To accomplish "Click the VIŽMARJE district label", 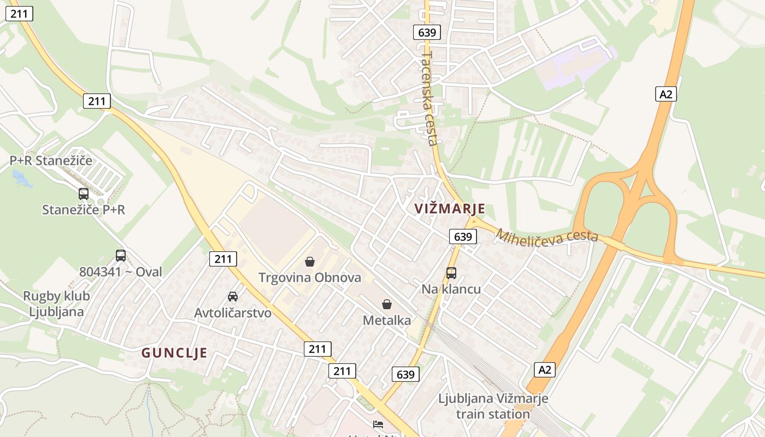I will point(450,209).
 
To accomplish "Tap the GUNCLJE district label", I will point(174,353).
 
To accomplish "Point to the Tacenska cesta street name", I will point(431,98).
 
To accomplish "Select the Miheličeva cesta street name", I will point(547,236).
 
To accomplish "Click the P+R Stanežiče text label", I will point(51,161).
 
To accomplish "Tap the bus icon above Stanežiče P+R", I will point(84,193).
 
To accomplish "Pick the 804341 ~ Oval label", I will point(121,271).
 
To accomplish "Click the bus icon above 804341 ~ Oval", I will point(121,255).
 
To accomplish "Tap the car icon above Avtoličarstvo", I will point(233,297).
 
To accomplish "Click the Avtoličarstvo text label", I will point(233,313).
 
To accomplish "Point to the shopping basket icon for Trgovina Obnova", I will point(310,262).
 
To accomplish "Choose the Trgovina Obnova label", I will point(310,277).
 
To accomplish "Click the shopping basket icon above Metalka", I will point(387,304).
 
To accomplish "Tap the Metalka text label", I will point(387,321).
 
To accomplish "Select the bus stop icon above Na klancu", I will point(451,273).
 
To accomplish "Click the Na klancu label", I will point(451,289).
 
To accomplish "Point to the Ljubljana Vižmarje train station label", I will point(493,406).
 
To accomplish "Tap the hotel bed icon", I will point(378,424).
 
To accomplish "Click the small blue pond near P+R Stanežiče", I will point(21,178).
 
